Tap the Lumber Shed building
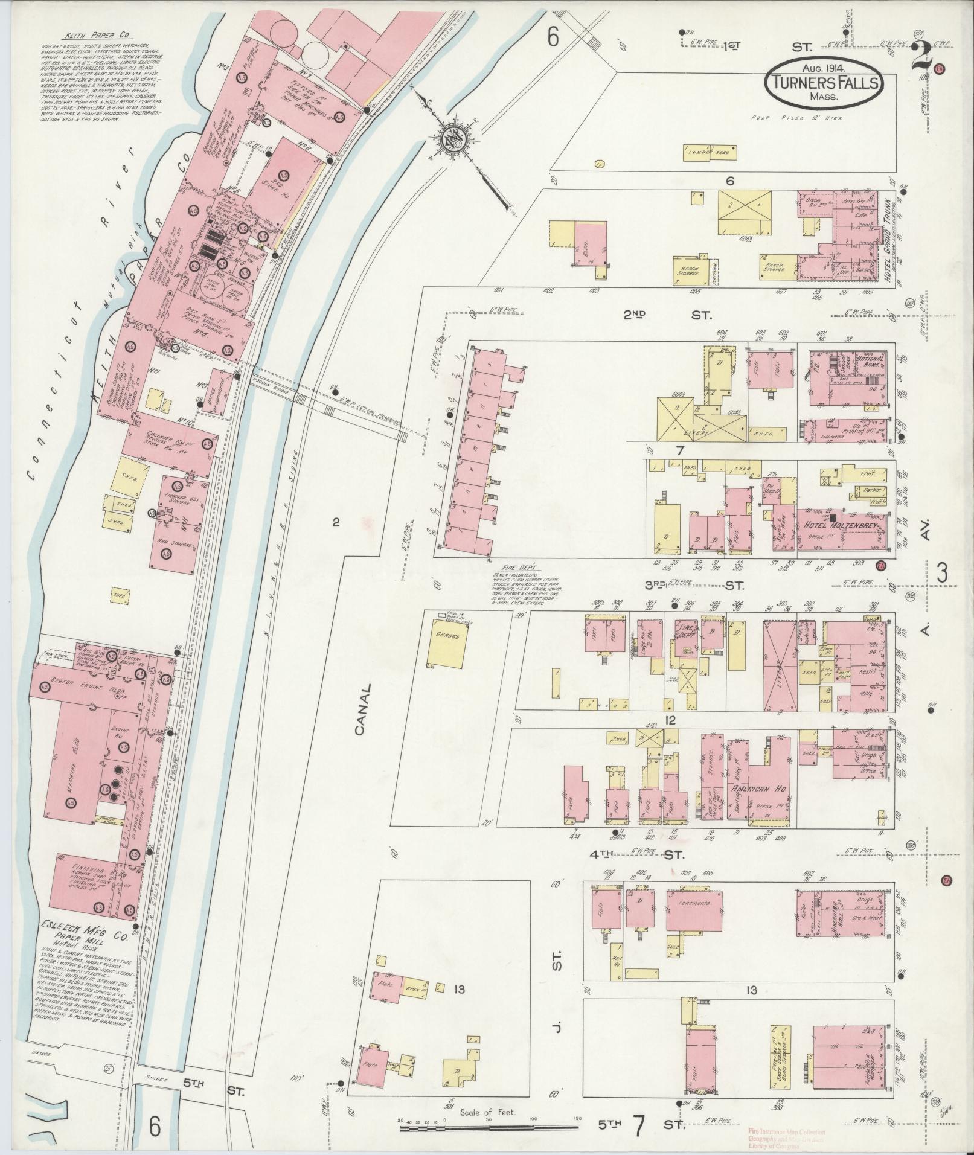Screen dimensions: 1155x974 (x=710, y=153)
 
